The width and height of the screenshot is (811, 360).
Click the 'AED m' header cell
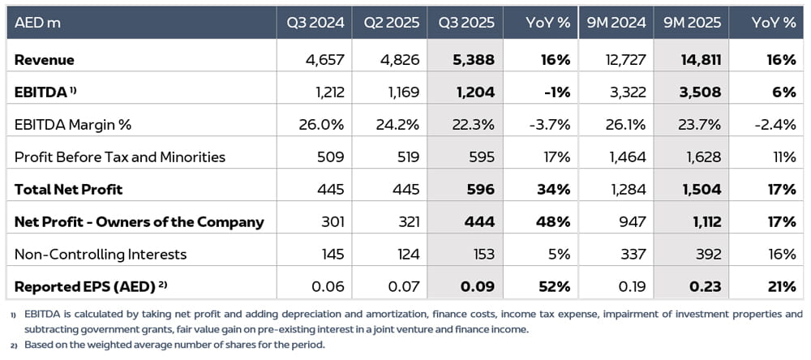point(37,23)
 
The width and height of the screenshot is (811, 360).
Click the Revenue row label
point(44,60)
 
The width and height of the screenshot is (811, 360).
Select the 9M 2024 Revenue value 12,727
point(624,60)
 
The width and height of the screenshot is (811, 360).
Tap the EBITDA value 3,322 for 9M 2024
point(628,92)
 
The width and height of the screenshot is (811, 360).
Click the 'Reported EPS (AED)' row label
point(85,286)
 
